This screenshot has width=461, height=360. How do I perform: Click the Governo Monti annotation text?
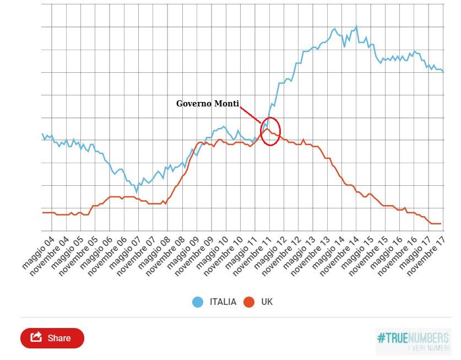tap(208, 104)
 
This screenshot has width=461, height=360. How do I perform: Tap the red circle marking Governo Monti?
tap(270, 131)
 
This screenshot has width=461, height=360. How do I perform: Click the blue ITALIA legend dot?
tap(198, 302)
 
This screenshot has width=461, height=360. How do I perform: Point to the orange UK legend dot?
tap(248, 302)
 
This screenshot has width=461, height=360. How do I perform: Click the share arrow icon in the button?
tap(37, 337)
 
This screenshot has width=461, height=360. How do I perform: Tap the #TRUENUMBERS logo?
tap(413, 341)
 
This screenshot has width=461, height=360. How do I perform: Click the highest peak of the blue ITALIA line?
tap(356, 26)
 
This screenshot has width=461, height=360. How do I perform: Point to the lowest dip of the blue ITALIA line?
tap(137, 192)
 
